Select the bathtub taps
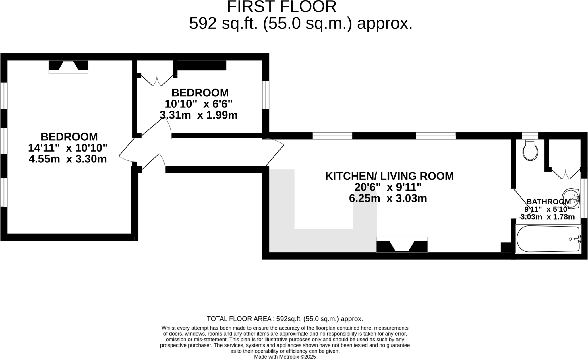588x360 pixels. click(577, 239)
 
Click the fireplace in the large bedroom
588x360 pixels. click(68, 66)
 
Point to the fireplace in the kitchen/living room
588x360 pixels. click(402, 246)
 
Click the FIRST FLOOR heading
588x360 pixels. click(282, 7)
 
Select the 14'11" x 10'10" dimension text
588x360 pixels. click(68, 148)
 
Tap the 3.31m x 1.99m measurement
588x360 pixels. click(198, 115)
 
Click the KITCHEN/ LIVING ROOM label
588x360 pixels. click(389, 176)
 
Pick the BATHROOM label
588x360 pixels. click(548, 202)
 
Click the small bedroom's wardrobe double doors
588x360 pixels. click(157, 81)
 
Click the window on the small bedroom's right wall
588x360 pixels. click(266, 95)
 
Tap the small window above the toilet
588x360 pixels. click(530, 136)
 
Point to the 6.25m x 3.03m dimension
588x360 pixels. click(388, 198)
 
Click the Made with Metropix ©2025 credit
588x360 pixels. click(285, 357)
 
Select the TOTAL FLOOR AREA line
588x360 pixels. click(285, 319)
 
